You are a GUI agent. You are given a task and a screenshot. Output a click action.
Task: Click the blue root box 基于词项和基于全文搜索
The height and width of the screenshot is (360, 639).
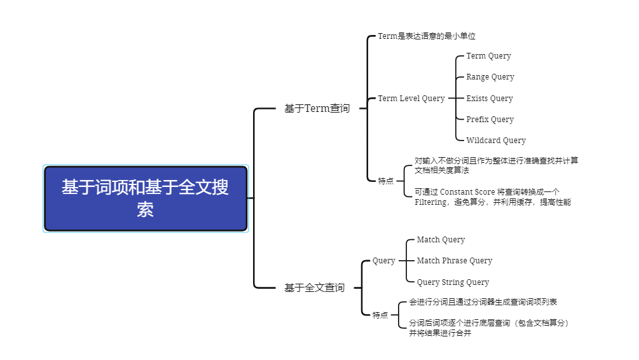[146, 198]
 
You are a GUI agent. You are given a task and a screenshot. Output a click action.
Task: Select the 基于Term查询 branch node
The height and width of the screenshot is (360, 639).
[317, 109]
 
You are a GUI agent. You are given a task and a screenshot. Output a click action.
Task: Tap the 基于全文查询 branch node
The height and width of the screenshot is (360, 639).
[314, 288]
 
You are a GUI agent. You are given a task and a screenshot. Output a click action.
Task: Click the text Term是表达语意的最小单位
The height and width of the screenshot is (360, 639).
[427, 36]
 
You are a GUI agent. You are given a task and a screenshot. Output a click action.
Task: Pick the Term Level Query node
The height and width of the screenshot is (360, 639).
[411, 99]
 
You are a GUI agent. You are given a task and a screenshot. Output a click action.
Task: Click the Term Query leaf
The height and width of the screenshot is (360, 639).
[488, 56]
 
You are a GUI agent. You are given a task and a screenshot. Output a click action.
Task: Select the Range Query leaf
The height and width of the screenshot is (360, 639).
[490, 77]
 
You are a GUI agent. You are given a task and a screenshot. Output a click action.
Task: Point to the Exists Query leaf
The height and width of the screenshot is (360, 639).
[489, 99]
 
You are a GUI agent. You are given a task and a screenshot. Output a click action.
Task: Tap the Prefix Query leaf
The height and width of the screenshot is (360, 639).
[490, 120]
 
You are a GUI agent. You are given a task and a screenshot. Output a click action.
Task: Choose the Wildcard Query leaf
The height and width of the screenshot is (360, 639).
[495, 141]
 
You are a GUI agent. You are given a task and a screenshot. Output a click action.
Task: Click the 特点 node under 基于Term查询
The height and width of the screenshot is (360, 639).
[386, 181]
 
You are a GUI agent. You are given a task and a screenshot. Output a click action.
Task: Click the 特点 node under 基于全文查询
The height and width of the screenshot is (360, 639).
[380, 315]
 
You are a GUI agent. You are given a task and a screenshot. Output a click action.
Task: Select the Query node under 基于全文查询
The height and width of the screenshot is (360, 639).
[383, 261]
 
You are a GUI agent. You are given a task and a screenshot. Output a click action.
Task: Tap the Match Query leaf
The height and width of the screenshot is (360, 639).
[441, 240]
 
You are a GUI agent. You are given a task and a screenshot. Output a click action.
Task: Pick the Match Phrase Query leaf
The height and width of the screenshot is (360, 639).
[454, 261]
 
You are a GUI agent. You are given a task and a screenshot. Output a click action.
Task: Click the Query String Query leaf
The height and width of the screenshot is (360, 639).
[453, 282]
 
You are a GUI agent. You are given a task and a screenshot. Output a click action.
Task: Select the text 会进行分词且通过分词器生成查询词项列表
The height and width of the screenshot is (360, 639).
[483, 302]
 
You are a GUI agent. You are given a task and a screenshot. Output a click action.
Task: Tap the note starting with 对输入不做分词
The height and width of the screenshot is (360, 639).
[496, 165]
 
